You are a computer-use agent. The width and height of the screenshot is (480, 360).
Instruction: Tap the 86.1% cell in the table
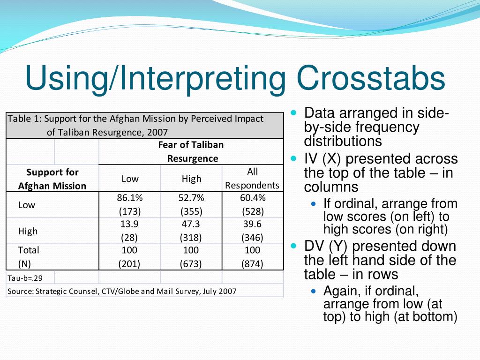pyautogui.click(x=129, y=198)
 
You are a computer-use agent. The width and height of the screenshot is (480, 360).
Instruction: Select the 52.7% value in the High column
pyautogui.click(x=191, y=198)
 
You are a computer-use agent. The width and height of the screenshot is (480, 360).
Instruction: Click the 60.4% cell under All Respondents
pyautogui.click(x=253, y=198)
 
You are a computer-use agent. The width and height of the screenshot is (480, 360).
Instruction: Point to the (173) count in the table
pyautogui.click(x=129, y=211)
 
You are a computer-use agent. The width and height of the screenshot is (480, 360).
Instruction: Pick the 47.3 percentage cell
pyautogui.click(x=191, y=224)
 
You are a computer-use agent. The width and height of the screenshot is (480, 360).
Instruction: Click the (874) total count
pyautogui.click(x=253, y=264)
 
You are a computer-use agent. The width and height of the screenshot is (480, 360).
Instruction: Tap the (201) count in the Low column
pyautogui.click(x=129, y=264)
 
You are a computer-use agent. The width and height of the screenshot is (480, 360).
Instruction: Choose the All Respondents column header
pyautogui.click(x=253, y=179)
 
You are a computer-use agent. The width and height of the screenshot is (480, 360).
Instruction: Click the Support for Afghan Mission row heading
pyautogui.click(x=52, y=179)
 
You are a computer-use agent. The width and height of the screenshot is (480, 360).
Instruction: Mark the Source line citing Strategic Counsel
pyautogui.click(x=122, y=291)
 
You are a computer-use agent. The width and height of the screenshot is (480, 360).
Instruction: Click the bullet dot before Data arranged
pyautogui.click(x=294, y=113)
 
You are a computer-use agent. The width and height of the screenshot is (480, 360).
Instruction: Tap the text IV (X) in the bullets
pyautogui.click(x=322, y=159)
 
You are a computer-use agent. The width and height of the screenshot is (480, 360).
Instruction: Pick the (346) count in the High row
pyautogui.click(x=253, y=237)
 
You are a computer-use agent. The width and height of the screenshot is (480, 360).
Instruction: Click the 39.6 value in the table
pyautogui.click(x=253, y=224)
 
